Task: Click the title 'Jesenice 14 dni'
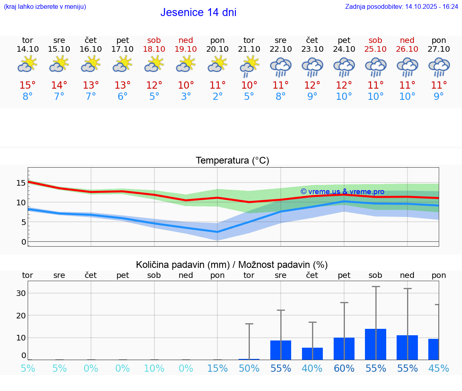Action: (198, 12)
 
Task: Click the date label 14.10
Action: (28, 49)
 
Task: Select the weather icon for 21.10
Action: (249, 66)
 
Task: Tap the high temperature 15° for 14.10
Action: (28, 85)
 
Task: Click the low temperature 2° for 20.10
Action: (217, 97)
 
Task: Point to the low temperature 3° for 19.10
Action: (186, 97)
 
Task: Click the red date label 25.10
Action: (375, 49)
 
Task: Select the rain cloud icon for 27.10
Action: (439, 67)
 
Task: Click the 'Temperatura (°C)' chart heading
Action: (232, 160)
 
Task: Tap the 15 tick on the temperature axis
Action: (21, 183)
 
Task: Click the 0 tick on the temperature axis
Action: (23, 242)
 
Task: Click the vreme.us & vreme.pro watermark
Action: (342, 192)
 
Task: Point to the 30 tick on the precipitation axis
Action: (21, 293)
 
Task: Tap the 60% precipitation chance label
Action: (344, 368)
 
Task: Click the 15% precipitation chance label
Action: (217, 368)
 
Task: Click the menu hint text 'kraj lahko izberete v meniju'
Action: (45, 6)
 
